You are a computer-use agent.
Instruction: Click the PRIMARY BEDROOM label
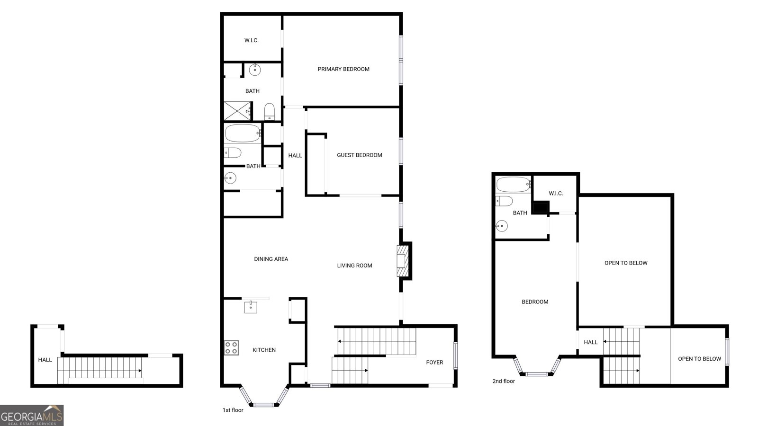pos(343,69)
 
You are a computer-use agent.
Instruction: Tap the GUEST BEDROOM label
pos(360,155)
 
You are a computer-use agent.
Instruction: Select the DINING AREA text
pos(271,259)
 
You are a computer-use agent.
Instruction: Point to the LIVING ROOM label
pos(355,266)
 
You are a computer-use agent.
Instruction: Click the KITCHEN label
pos(264,350)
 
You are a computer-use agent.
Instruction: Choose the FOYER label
pos(434,363)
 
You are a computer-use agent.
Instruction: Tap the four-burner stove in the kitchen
pos(232,347)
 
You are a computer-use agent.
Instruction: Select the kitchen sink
pos(251,307)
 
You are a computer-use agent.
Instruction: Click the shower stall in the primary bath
pos(237,111)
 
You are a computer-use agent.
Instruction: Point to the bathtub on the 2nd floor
pos(513,185)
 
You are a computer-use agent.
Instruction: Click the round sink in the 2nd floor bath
pos(502,225)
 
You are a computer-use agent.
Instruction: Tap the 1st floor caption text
pos(233,410)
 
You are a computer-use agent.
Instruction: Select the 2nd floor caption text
pos(504,381)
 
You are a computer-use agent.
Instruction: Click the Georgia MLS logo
pos(32,416)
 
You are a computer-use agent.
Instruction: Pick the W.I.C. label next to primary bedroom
pos(252,41)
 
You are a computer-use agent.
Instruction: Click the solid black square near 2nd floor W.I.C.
pos(541,207)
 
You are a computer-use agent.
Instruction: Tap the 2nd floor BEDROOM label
pos(535,302)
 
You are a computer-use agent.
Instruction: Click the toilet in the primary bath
pos(270,112)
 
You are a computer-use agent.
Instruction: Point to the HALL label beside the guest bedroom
pos(295,156)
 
